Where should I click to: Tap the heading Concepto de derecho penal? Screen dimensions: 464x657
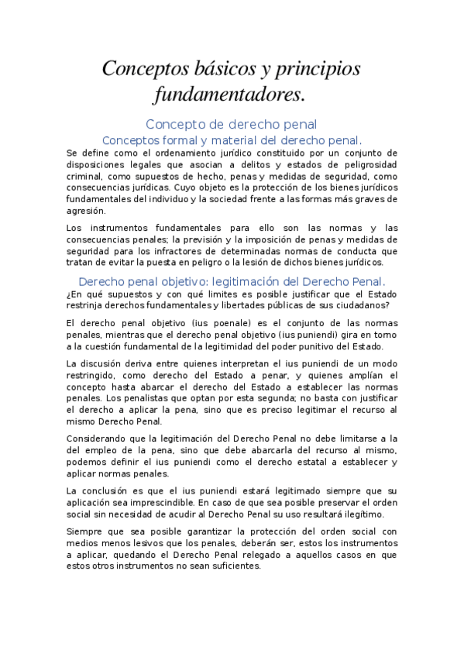[x=232, y=124]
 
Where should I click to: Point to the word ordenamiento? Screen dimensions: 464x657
[x=172, y=153]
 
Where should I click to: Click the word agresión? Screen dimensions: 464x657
[x=85, y=210]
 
